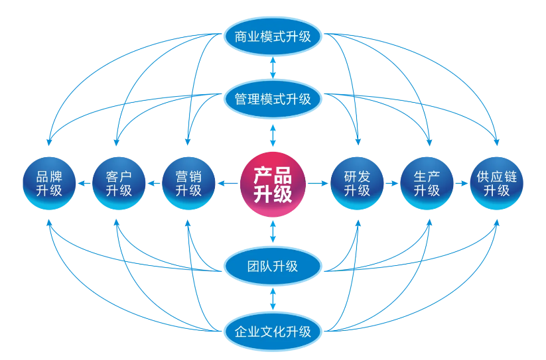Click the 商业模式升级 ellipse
[273, 36]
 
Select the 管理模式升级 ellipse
[273, 99]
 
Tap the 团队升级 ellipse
[273, 267]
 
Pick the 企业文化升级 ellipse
[273, 330]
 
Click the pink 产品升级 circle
[273, 183]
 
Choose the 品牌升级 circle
[49, 183]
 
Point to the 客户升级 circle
[119, 183]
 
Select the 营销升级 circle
[188, 183]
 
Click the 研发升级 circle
[357, 183]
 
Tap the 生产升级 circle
[427, 183]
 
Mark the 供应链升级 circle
[497, 183]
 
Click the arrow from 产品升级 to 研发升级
[318, 183]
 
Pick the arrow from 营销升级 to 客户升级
[154, 183]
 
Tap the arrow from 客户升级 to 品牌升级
[84, 183]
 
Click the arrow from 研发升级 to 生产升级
[392, 183]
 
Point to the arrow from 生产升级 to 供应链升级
[462, 183]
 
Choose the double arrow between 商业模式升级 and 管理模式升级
[273, 68]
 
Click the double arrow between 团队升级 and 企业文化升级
[273, 298]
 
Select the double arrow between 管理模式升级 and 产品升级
[273, 135]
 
